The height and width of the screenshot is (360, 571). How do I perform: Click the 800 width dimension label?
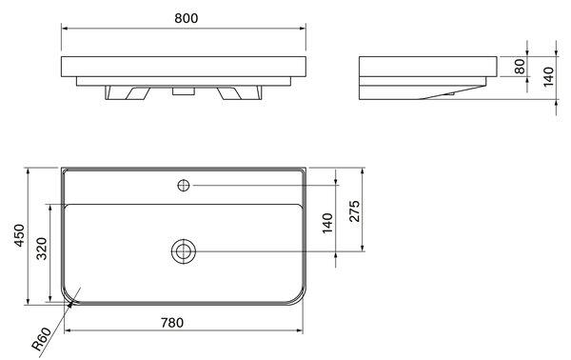[x=187, y=18]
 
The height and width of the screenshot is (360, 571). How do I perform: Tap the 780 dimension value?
[x=172, y=323]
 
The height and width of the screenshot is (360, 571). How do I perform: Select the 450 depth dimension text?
[x=19, y=235]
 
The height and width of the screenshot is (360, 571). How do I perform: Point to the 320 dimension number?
[x=42, y=249]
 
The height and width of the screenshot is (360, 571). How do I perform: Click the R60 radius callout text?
[x=41, y=339]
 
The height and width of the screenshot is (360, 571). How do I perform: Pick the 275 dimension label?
[x=354, y=210]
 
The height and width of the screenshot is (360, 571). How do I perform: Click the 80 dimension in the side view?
[x=520, y=67]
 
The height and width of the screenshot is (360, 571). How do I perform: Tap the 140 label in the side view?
[x=548, y=76]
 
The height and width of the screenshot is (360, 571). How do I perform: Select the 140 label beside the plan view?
[x=327, y=223]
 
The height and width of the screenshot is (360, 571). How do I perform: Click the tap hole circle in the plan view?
[x=184, y=186]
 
